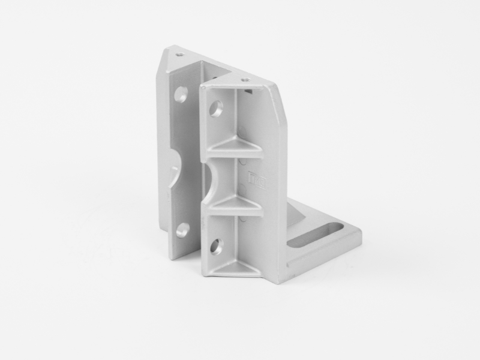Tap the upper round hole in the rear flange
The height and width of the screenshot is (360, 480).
coord(181,94)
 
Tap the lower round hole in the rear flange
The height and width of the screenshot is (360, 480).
coord(182,230)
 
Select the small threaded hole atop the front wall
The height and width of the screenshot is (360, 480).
coord(244,79)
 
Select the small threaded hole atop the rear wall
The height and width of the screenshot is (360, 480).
coord(179,54)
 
